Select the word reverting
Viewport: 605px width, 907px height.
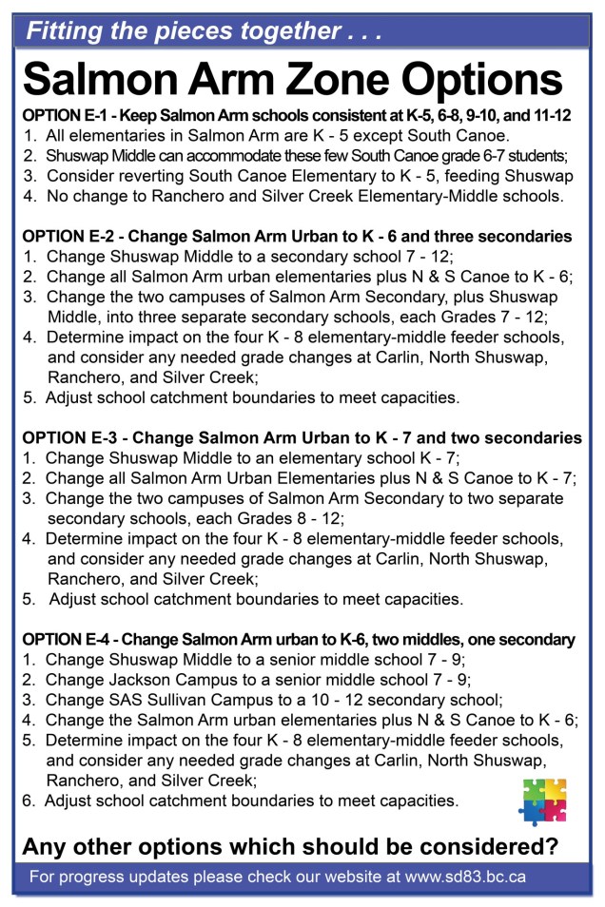point(134,177)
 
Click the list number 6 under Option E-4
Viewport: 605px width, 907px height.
point(28,801)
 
